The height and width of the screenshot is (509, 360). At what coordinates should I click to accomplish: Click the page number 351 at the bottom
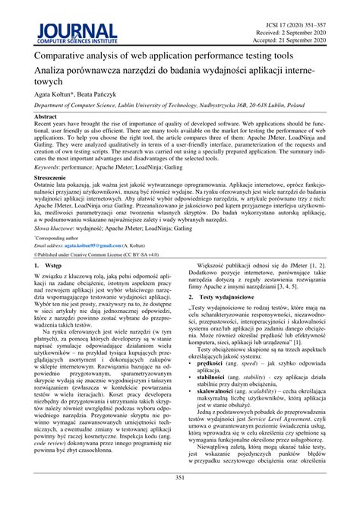[x=180, y=498]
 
